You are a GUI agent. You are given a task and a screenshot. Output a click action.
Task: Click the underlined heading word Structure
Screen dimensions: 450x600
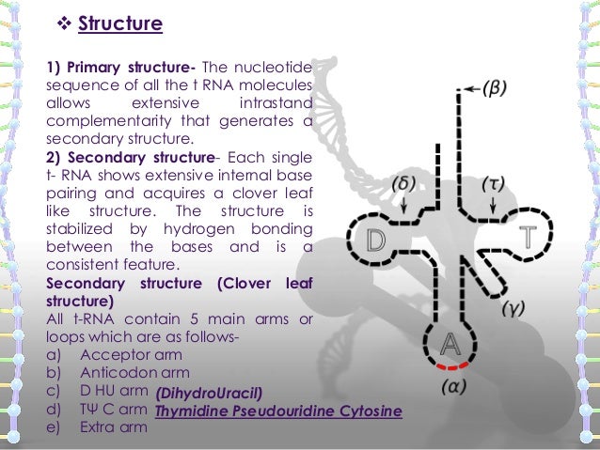(x=120, y=22)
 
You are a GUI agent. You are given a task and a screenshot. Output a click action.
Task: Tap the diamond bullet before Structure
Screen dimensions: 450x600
(x=62, y=22)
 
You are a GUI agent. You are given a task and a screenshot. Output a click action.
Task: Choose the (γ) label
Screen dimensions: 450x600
(x=513, y=308)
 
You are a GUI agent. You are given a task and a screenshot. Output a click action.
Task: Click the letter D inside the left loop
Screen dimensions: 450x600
(x=376, y=241)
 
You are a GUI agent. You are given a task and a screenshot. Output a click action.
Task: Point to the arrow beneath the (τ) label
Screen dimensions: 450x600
(x=491, y=208)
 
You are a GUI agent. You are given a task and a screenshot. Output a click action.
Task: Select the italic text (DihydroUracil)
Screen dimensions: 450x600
(x=208, y=393)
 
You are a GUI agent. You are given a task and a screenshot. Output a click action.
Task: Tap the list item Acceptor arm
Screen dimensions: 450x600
(x=130, y=356)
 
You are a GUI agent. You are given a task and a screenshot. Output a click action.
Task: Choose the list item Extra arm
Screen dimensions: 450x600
(x=114, y=427)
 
